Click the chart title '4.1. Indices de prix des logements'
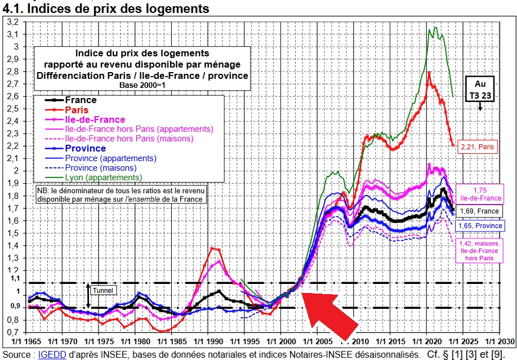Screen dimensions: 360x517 [106, 9]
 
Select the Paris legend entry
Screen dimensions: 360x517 [76, 109]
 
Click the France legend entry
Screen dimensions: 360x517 [81, 100]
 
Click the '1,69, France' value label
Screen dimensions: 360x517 [480, 211]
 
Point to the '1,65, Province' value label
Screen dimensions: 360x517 [480, 225]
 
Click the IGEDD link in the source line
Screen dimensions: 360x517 [50, 354]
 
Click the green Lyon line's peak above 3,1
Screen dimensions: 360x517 [434, 26]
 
